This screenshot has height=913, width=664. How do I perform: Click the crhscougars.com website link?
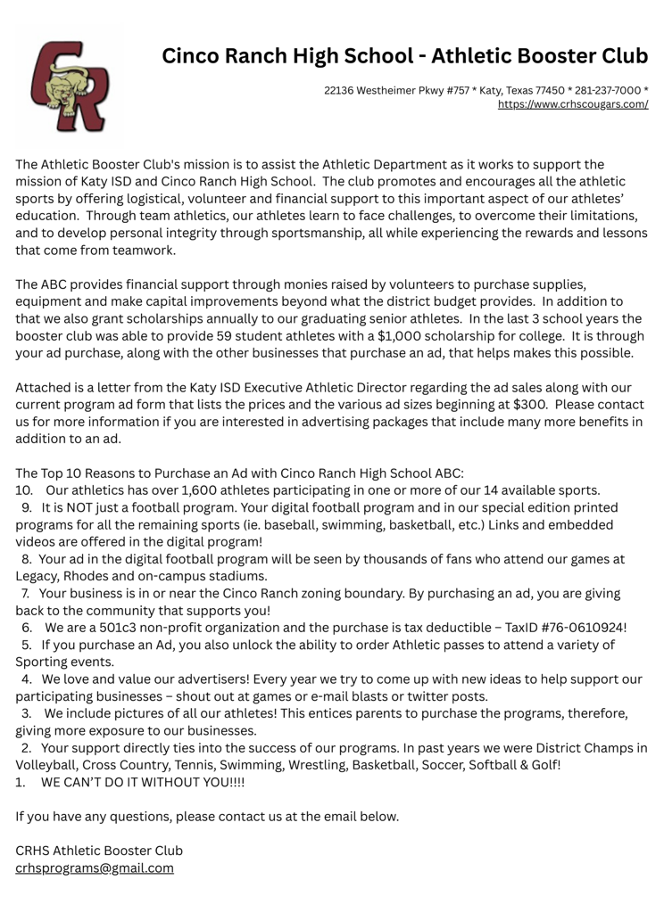tap(572, 104)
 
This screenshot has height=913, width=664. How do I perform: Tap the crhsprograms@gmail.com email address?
tap(95, 868)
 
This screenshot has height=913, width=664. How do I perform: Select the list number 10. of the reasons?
tap(24, 489)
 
